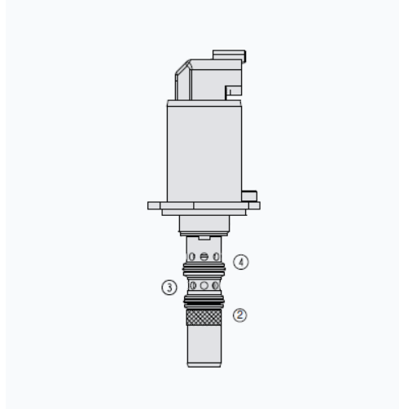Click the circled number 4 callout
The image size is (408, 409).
(241, 262)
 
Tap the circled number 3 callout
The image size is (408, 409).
(169, 288)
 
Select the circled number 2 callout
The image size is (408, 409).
(240, 315)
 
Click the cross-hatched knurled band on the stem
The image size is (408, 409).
(204, 317)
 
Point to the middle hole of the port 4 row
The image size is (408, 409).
(204, 257)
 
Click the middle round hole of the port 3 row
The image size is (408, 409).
(204, 285)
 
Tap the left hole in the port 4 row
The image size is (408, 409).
(192, 257)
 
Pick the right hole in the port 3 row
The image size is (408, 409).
(216, 285)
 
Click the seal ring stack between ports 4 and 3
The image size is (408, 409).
(204, 269)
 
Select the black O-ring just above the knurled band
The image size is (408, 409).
(204, 301)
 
